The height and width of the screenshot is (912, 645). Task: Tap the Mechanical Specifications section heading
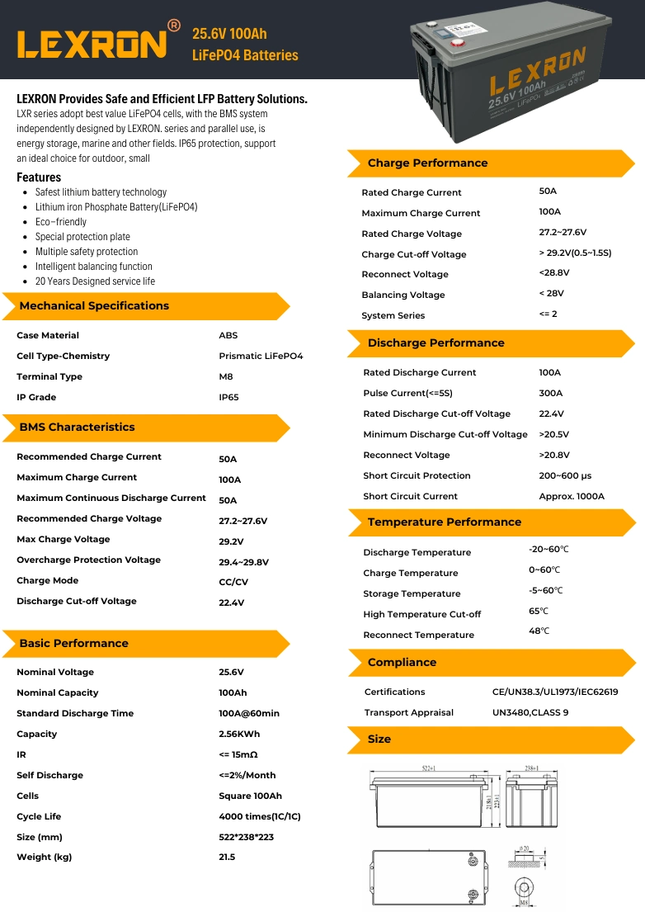point(94,306)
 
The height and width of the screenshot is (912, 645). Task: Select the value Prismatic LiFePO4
point(261,357)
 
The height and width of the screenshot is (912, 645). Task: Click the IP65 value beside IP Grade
point(228,398)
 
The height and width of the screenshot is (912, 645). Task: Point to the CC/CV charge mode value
point(233,582)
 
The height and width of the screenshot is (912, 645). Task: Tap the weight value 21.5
point(227,858)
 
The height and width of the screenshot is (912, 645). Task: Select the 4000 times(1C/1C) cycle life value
point(260,817)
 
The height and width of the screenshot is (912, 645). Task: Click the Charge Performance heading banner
point(427,163)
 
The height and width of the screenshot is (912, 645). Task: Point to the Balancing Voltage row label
point(403,295)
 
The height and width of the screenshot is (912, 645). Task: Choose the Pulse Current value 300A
point(550,394)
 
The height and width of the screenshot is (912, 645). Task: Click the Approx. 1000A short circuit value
point(572,497)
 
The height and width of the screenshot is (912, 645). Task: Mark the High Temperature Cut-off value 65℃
point(539,612)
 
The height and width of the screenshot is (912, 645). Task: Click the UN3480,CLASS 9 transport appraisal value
point(530,713)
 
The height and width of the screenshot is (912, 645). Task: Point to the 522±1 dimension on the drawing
point(429,768)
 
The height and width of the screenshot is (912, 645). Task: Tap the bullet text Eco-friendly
point(60,222)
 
